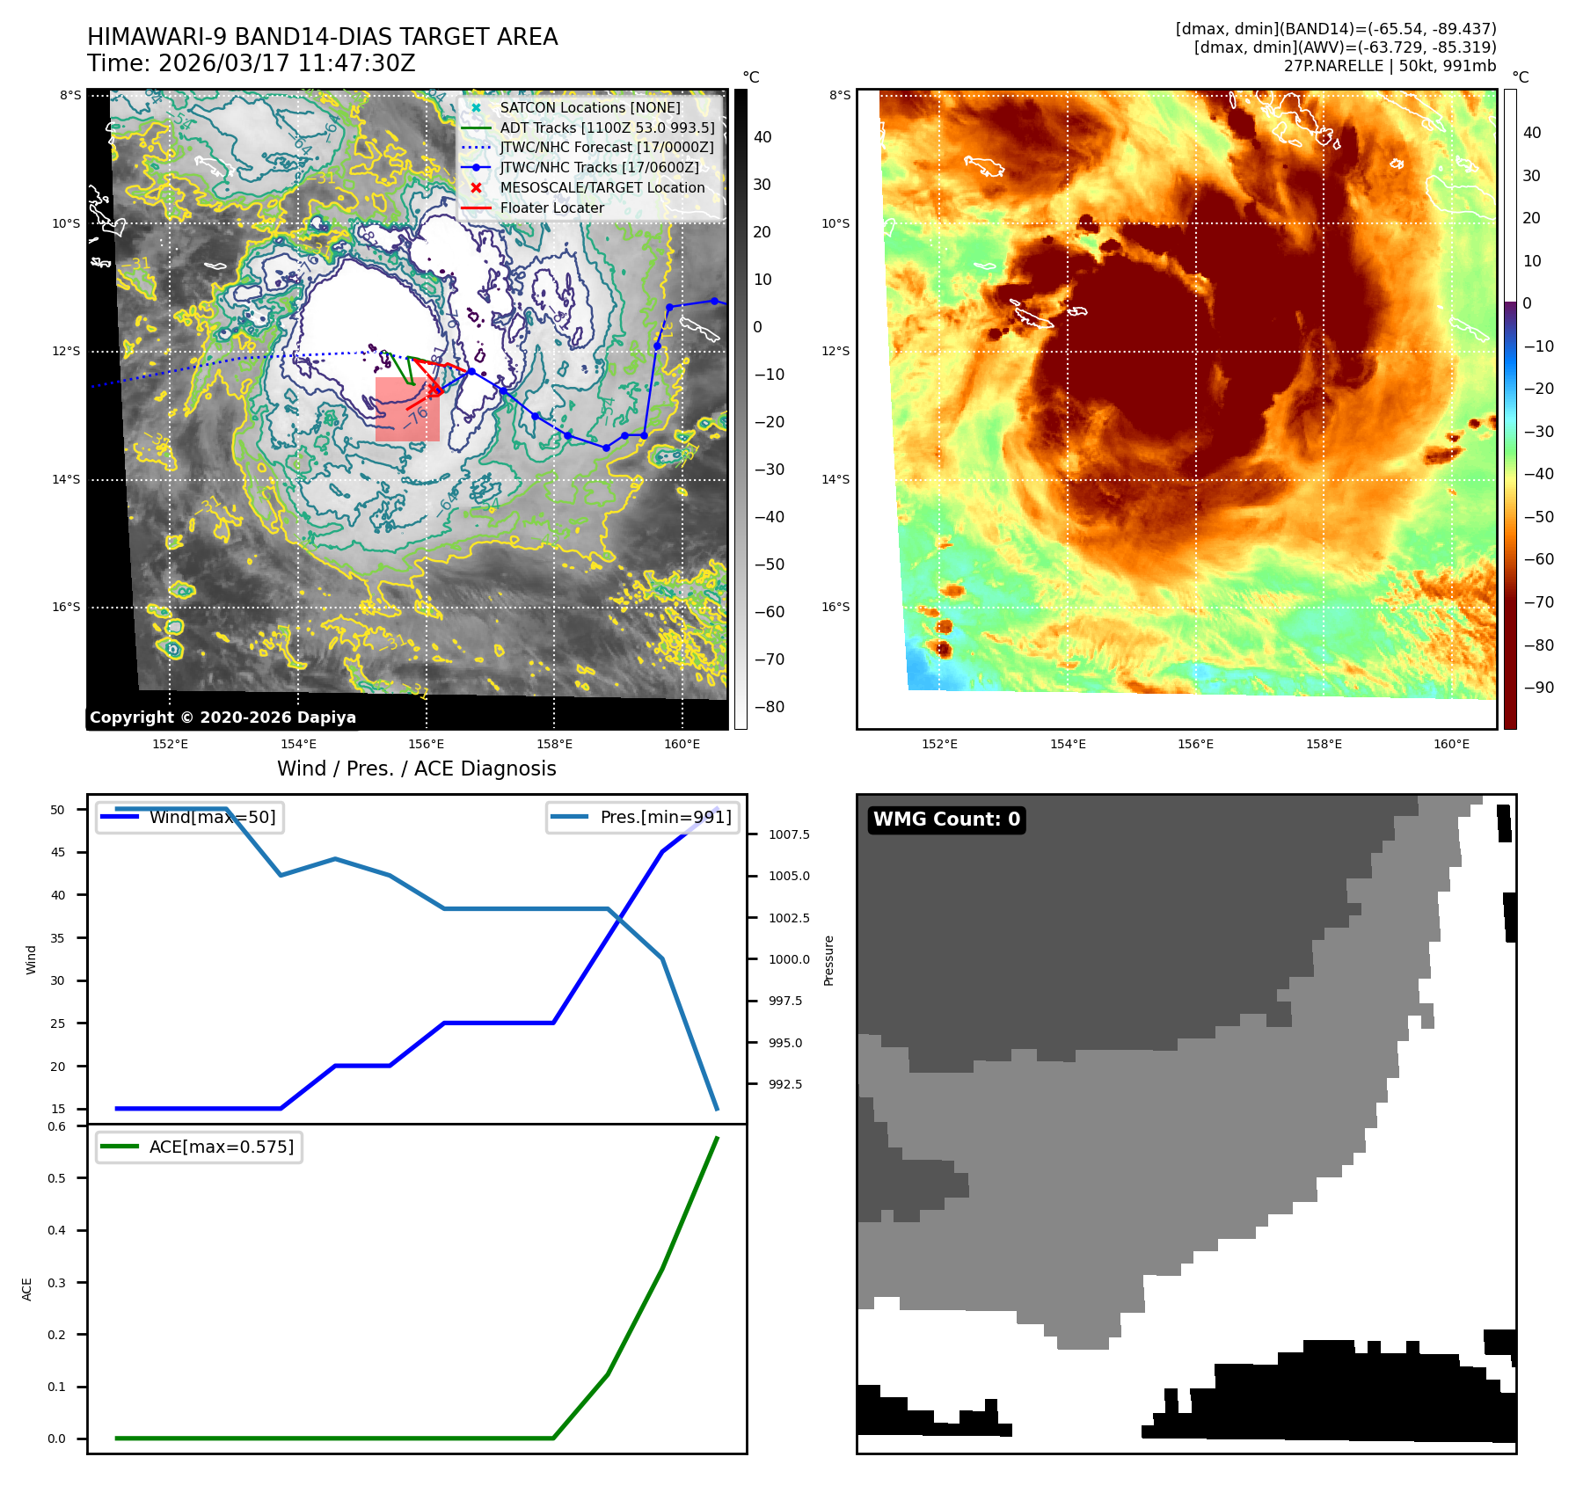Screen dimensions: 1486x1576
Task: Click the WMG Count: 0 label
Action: click(946, 819)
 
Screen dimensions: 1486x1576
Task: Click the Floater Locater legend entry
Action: click(551, 208)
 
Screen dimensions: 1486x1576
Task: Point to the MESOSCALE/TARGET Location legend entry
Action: click(602, 188)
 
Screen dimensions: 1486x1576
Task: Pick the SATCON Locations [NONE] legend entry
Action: click(589, 107)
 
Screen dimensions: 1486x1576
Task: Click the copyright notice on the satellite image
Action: click(223, 718)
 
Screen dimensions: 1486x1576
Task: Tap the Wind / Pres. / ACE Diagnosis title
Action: click(416, 768)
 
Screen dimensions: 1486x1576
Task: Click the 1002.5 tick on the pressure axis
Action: click(788, 918)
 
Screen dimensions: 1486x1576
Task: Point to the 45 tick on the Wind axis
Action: click(58, 852)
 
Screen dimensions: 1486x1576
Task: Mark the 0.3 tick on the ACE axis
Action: click(56, 1283)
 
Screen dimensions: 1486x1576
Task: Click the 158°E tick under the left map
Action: click(554, 744)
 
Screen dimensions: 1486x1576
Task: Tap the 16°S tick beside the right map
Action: click(835, 607)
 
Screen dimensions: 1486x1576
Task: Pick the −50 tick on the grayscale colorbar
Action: click(769, 565)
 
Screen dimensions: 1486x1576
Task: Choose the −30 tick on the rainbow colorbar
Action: click(1538, 432)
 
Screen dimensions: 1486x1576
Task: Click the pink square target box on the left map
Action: click(407, 410)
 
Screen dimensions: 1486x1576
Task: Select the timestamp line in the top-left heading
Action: click(251, 63)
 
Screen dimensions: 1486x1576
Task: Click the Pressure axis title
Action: click(828, 960)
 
